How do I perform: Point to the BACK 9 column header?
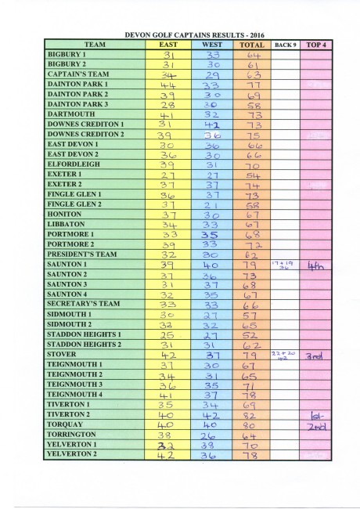[286, 45]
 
